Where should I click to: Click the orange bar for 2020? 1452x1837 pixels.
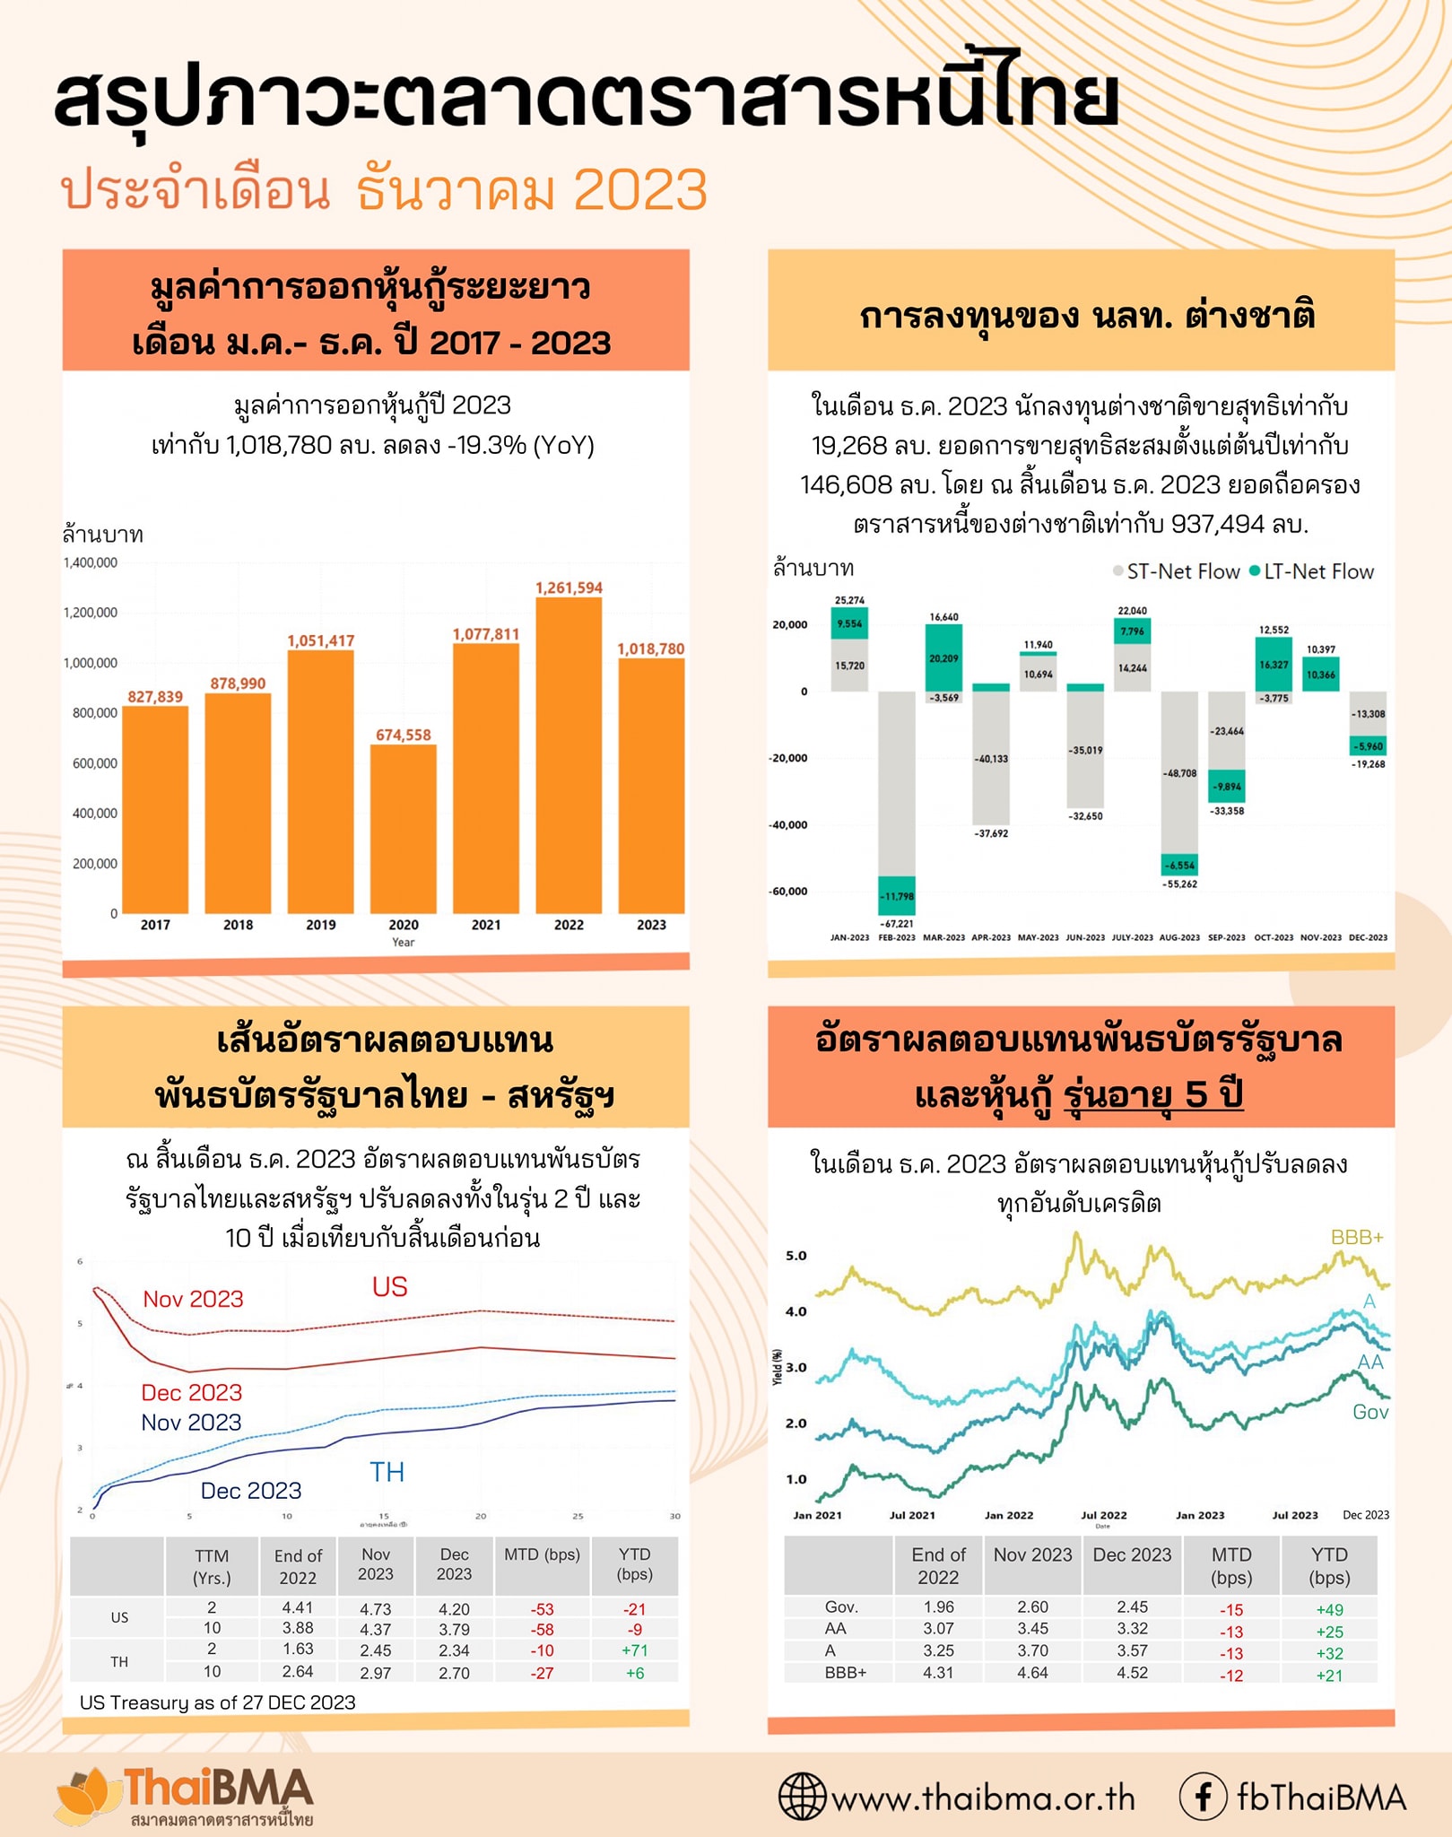(x=403, y=829)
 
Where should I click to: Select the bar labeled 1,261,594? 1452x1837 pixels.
(x=569, y=753)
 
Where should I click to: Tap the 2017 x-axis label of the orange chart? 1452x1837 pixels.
(x=155, y=925)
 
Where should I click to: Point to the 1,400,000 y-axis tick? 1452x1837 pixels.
(x=90, y=563)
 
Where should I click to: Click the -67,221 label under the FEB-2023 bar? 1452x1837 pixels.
(x=896, y=923)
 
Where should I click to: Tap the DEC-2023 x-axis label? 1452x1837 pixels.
(x=1368, y=937)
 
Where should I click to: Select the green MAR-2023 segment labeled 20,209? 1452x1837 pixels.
(x=943, y=658)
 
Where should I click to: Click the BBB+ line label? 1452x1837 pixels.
(x=1356, y=1238)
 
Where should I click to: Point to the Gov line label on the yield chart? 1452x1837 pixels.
(x=1369, y=1413)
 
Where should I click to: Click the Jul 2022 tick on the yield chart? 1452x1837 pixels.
(x=1103, y=1515)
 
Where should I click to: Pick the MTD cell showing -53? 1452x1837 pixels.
(x=543, y=1609)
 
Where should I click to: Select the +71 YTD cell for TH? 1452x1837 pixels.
(x=634, y=1650)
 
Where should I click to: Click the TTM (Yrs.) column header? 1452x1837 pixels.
(x=212, y=1566)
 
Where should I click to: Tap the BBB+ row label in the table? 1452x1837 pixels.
(x=845, y=1673)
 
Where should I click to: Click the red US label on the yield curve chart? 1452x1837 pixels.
(x=389, y=1287)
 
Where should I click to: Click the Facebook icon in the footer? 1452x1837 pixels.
(x=1203, y=1798)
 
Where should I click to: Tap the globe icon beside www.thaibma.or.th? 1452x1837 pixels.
(x=801, y=1797)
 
